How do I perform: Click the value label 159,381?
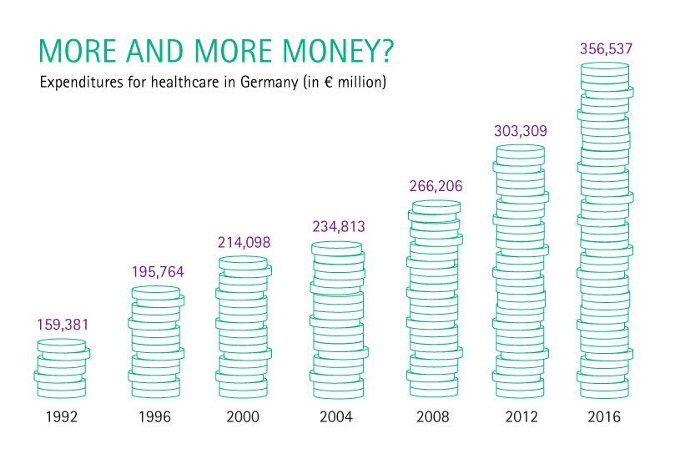63,325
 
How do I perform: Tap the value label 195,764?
158,272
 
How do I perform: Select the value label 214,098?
244,242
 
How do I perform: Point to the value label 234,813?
339,226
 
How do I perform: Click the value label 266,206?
436,186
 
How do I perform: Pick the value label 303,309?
521,131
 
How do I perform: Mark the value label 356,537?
606,48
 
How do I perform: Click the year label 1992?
62,416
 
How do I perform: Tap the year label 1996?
154,416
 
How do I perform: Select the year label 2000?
243,416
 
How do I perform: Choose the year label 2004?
336,416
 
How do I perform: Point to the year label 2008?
433,416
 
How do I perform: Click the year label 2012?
521,416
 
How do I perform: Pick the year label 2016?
604,416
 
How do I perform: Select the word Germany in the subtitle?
269,83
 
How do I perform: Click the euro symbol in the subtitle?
329,82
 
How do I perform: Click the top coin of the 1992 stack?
62,346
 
